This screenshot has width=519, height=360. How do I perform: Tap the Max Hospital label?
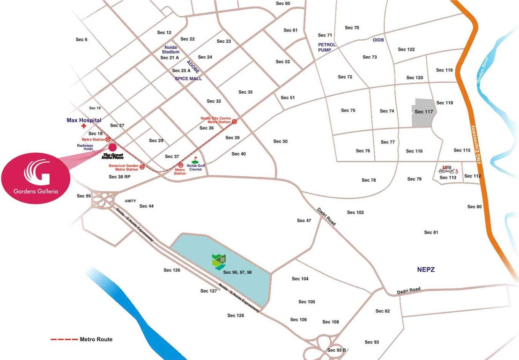(84, 120)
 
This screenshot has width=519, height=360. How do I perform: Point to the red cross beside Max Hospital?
(84, 126)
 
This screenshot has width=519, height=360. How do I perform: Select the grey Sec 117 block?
(424, 112)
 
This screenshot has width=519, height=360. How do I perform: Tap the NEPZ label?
(427, 270)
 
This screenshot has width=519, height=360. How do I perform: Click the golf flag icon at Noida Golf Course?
(195, 160)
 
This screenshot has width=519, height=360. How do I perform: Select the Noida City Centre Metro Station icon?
(235, 121)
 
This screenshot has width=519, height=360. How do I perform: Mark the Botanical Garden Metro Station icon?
(142, 167)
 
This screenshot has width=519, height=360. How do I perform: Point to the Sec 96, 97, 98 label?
(237, 272)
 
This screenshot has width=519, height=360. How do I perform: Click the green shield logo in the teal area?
(218, 262)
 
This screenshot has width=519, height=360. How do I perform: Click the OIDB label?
(378, 40)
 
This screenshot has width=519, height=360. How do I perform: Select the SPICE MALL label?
(188, 79)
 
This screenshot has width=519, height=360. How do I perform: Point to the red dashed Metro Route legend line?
(64, 339)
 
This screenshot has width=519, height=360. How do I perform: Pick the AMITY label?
(130, 201)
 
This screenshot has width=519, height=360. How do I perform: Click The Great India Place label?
(113, 156)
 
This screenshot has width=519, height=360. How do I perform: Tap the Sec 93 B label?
(337, 350)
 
